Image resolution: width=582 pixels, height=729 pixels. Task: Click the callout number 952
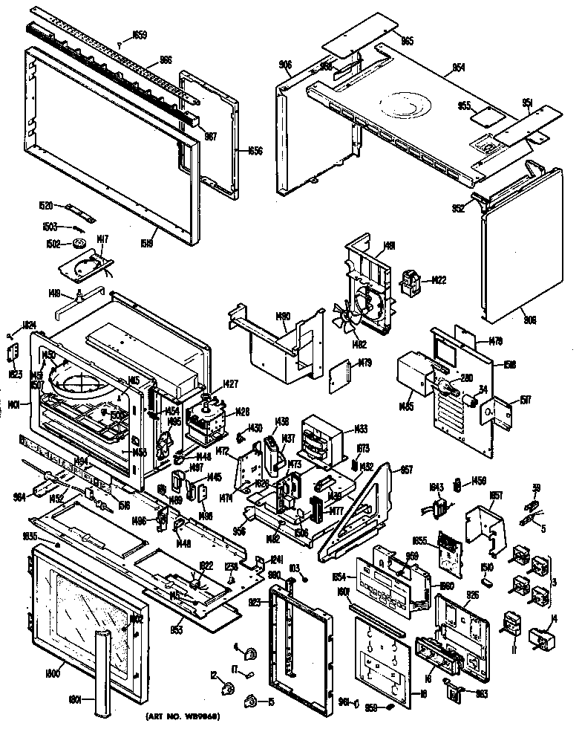tap(457, 209)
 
